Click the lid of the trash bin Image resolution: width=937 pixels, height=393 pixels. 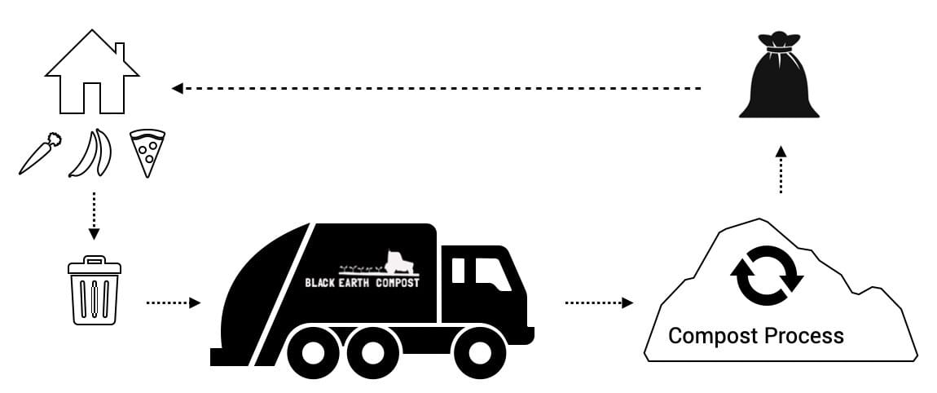point(95,266)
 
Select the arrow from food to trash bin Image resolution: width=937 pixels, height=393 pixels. point(94,215)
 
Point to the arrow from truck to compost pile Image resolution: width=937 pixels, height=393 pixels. point(599,302)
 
